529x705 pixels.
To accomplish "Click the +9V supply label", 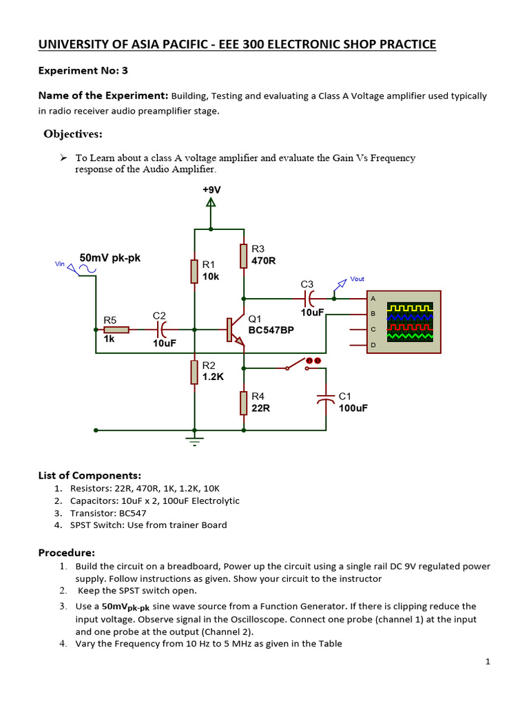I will click(x=211, y=189).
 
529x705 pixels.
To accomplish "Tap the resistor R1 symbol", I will click(x=195, y=271).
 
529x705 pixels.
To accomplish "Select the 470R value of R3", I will click(x=264, y=262).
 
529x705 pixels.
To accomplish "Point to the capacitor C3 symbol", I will click(x=309, y=298).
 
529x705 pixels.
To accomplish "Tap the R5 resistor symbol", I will click(x=116, y=330).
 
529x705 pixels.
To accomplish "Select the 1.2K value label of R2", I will click(x=214, y=377).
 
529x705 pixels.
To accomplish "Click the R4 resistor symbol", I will click(x=243, y=402).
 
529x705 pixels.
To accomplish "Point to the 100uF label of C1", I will click(x=353, y=408).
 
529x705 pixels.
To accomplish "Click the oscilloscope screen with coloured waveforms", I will click(x=410, y=321).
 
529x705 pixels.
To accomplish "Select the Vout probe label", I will click(x=357, y=279).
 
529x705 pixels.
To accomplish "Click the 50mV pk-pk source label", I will click(x=110, y=257).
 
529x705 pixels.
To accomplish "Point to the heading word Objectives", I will click(x=73, y=134).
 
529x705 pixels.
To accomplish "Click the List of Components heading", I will click(x=90, y=475).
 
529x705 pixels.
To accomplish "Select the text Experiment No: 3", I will click(x=83, y=70).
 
